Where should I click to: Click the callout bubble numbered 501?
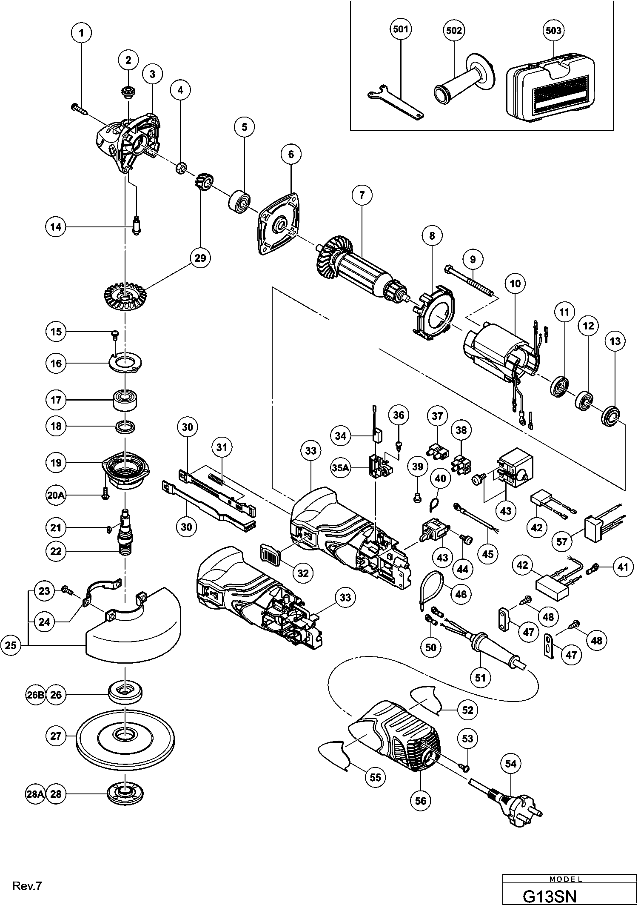[401, 30]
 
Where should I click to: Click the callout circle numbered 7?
[362, 195]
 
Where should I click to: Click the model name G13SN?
[550, 895]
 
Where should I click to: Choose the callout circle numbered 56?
[420, 801]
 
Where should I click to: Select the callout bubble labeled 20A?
[56, 495]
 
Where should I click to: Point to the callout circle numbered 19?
[56, 463]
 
